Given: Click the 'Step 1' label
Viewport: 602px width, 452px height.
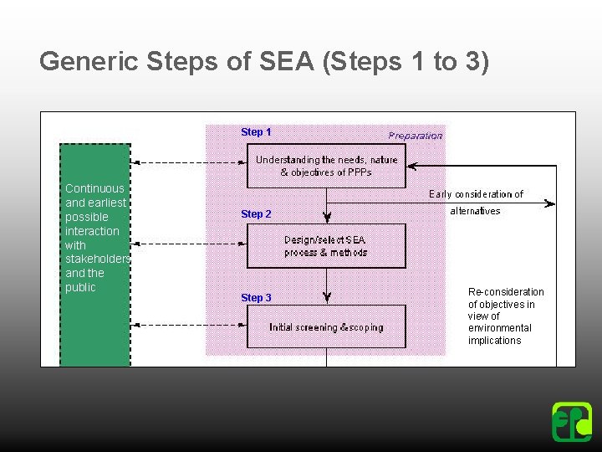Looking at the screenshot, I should (x=256, y=132).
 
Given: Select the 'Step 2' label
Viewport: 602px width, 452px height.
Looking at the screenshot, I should (x=256, y=214).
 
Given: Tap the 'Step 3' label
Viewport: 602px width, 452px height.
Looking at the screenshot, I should (x=256, y=298).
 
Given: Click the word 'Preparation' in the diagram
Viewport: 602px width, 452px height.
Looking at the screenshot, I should (x=416, y=136).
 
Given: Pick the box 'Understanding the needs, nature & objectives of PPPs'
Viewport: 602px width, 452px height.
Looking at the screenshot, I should (x=326, y=166).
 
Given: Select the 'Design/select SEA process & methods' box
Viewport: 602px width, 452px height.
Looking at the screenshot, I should (x=326, y=246).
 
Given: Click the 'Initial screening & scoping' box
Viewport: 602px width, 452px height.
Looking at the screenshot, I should (x=326, y=327).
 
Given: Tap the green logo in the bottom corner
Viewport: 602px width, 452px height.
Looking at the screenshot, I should (x=572, y=422).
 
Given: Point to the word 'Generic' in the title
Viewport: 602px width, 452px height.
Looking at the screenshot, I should (x=89, y=62).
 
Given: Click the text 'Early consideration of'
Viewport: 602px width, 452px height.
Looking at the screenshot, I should (x=476, y=194).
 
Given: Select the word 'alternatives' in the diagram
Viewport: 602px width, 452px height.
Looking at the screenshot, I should (x=475, y=211).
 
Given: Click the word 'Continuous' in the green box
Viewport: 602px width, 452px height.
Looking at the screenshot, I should (x=94, y=189).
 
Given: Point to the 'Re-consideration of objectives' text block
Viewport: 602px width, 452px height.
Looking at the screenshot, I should (x=505, y=316).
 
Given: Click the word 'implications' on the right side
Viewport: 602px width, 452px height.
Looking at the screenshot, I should (x=494, y=341).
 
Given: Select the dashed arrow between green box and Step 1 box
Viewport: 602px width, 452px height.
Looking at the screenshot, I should (x=189, y=162).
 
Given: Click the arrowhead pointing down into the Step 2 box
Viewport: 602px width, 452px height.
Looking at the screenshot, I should (x=327, y=218).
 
